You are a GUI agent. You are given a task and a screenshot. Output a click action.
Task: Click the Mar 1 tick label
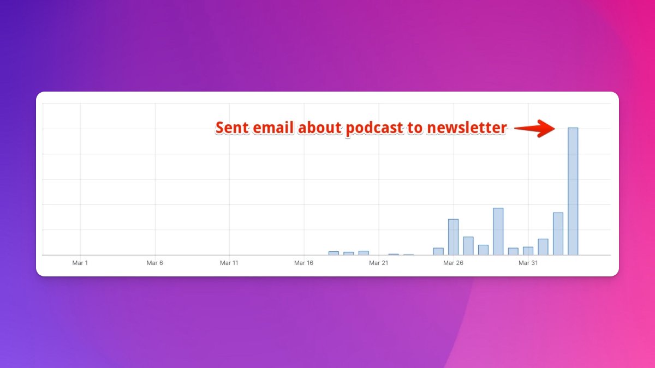click(x=80, y=263)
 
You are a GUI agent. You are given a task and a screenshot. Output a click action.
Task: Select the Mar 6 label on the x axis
click(x=154, y=263)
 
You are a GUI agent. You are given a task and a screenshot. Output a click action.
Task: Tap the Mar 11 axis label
click(x=229, y=263)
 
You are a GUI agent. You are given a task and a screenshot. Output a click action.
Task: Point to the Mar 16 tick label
click(x=303, y=263)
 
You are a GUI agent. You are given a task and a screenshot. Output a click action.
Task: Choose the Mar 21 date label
click(x=379, y=263)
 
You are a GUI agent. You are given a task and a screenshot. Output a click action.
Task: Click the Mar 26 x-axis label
click(x=453, y=263)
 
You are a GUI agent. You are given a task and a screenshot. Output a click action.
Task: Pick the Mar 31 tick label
click(x=528, y=263)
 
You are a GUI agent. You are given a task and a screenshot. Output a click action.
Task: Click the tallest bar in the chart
click(x=573, y=191)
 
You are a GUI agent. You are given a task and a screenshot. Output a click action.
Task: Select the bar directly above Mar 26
click(x=453, y=237)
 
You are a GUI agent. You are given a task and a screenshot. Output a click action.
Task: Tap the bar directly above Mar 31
click(x=528, y=251)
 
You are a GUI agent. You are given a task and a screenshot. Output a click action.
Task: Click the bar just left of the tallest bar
click(x=558, y=234)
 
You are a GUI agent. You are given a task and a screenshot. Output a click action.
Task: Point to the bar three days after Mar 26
click(x=498, y=231)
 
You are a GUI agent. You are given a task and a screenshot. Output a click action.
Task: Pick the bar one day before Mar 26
click(x=438, y=251)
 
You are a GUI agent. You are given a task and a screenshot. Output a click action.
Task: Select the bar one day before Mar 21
click(x=364, y=253)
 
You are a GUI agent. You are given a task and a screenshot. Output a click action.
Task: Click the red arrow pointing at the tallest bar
click(x=534, y=128)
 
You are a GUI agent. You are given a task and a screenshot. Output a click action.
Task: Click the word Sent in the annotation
click(x=232, y=128)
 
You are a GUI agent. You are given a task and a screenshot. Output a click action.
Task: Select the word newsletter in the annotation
click(x=467, y=128)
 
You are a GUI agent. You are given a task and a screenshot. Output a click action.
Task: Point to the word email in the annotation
click(x=273, y=128)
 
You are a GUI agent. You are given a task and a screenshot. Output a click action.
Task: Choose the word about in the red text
click(x=320, y=128)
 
